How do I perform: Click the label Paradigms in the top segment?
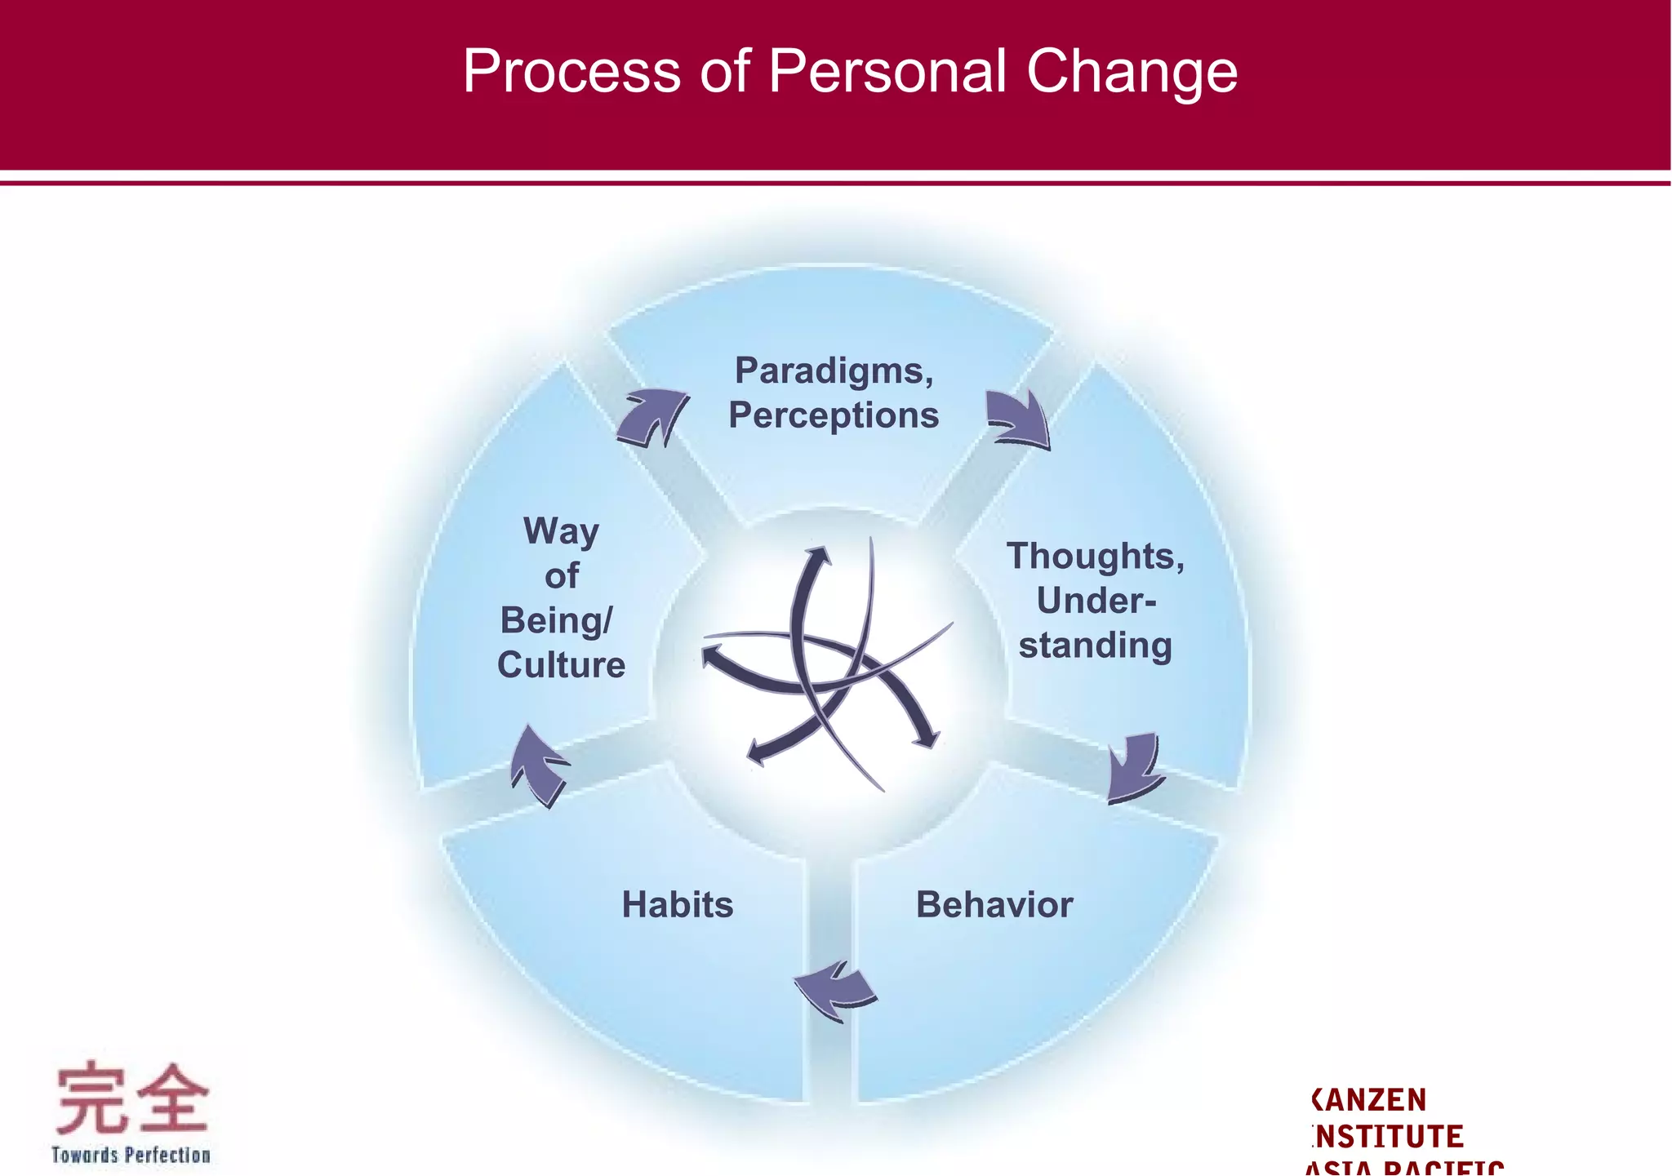point(833,371)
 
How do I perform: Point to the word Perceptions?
point(834,415)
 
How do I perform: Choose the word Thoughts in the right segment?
point(1095,557)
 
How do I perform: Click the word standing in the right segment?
point(1095,646)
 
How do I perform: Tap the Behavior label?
point(994,904)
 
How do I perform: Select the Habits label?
point(678,904)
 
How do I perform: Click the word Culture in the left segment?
point(561,665)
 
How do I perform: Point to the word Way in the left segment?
point(561,531)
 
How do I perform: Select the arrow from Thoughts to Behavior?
point(1134,767)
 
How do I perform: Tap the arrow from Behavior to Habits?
point(835,990)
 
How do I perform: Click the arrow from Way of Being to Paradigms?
point(652,417)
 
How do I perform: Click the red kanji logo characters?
point(131,1099)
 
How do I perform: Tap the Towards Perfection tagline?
point(131,1155)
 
